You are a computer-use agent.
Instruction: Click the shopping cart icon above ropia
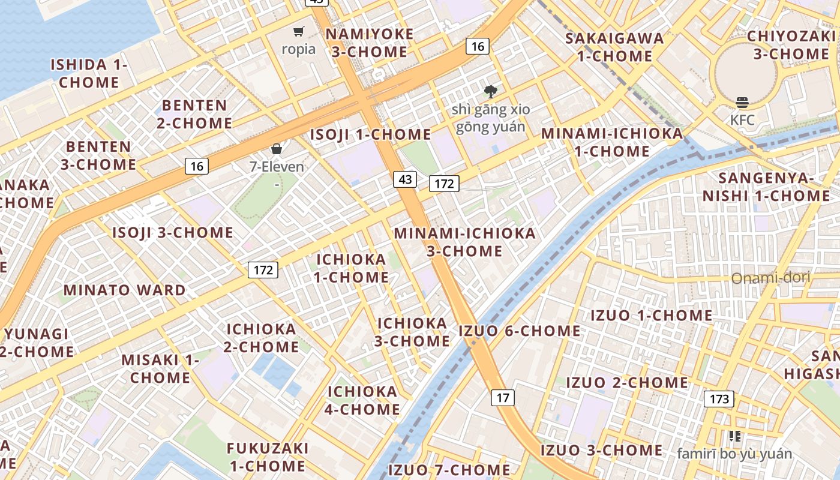click(298, 32)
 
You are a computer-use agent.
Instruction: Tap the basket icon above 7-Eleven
click(277, 149)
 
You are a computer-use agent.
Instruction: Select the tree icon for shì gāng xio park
click(491, 92)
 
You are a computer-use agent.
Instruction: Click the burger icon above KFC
click(742, 103)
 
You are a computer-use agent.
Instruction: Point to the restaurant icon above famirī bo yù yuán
click(734, 436)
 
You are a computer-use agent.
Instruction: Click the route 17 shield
click(503, 397)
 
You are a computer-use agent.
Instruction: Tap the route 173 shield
click(719, 399)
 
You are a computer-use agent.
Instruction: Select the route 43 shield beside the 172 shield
click(405, 179)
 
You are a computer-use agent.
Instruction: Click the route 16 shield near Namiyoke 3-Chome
click(478, 46)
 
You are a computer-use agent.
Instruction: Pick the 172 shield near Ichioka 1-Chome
click(263, 270)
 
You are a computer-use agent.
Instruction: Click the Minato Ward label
click(125, 290)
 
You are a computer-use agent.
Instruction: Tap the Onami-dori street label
click(770, 278)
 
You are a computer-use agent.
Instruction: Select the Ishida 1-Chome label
click(89, 73)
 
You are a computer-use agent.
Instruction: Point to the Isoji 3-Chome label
click(173, 233)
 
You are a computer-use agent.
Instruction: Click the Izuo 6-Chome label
click(520, 331)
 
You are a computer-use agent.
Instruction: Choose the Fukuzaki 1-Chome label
click(268, 457)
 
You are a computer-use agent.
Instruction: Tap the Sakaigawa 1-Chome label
click(614, 47)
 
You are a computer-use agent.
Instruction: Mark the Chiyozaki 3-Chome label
click(791, 45)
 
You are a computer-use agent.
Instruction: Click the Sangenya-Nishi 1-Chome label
click(766, 187)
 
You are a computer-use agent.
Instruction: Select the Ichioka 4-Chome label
click(362, 400)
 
